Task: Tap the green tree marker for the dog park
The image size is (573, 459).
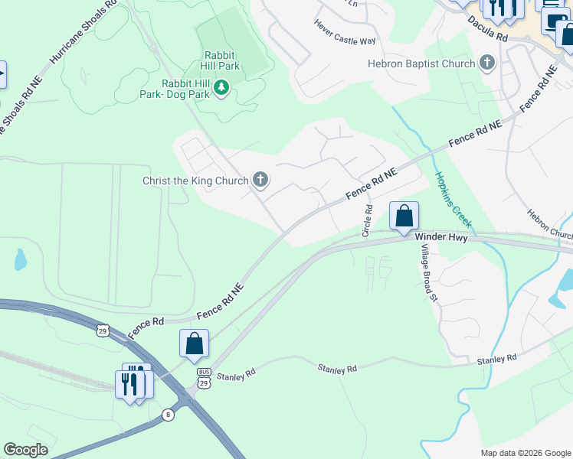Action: pos(221,89)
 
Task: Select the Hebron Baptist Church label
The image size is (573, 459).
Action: pos(421,63)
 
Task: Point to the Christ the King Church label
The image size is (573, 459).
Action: pos(195,181)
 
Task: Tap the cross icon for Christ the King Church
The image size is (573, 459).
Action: pos(260,181)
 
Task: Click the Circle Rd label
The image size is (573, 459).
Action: pos(368,220)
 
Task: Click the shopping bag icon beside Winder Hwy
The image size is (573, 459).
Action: pos(404,216)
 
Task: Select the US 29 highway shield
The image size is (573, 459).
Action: pos(102,330)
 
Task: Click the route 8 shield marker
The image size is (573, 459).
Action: pos(168,415)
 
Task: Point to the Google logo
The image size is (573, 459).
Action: pos(25,450)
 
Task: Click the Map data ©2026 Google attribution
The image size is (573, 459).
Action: pos(525,453)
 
